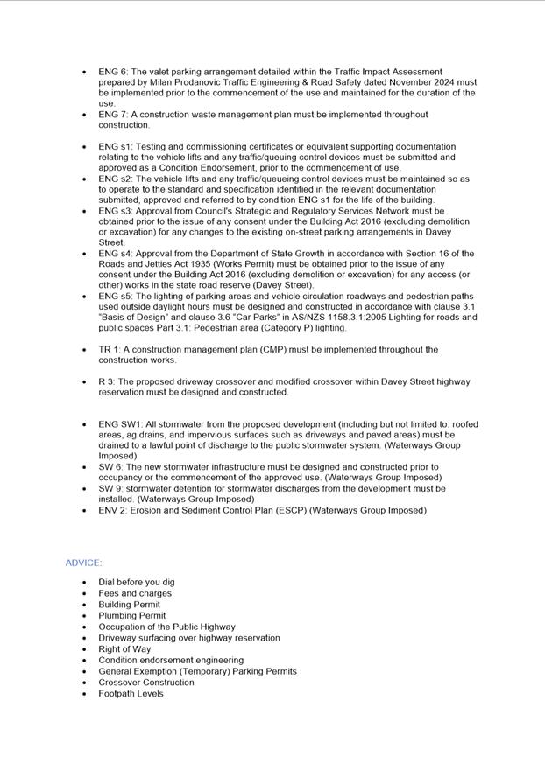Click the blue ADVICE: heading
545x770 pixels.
[83, 563]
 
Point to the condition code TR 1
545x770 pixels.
[109, 350]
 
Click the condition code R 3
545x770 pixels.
[106, 382]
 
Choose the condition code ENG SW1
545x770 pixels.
[119, 424]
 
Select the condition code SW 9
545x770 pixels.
[110, 489]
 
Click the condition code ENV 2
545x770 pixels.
[111, 510]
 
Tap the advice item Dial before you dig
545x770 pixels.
[136, 582]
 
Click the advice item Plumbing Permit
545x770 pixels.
[131, 616]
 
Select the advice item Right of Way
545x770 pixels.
[124, 649]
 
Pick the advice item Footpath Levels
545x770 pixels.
[131, 694]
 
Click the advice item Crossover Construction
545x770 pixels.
[146, 682]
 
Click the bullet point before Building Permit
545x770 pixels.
[84, 605]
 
